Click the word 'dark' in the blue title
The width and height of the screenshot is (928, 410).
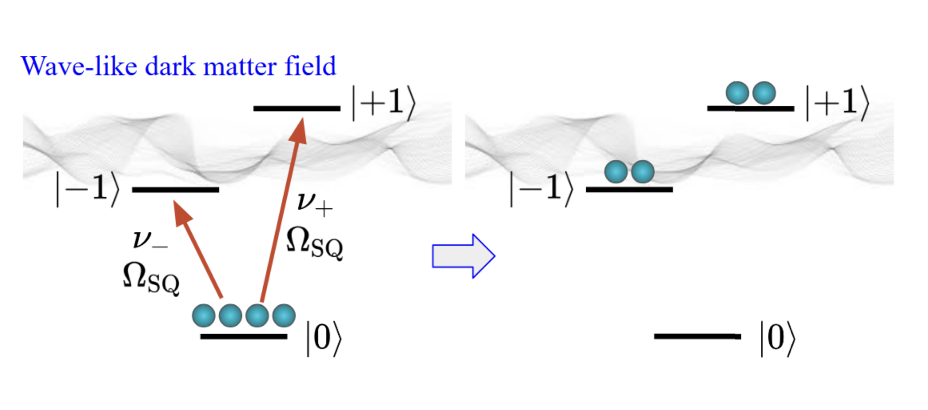tap(170, 66)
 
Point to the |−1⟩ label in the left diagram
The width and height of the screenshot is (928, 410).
tap(87, 189)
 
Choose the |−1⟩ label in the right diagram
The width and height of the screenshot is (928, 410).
tap(541, 189)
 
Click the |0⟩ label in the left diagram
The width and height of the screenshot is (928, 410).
tap(324, 338)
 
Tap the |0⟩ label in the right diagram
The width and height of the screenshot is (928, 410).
tap(778, 338)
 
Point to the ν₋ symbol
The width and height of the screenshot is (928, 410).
tap(150, 240)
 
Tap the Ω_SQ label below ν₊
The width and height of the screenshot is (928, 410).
tap(314, 243)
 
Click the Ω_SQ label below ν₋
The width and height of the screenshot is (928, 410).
tap(151, 279)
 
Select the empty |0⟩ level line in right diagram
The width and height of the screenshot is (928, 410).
tap(697, 336)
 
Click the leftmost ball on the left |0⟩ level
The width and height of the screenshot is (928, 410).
tap(203, 316)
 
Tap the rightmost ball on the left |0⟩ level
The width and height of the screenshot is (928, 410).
tap(284, 316)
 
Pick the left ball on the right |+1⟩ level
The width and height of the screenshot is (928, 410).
tap(737, 93)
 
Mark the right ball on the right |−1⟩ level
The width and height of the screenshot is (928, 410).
tap(643, 172)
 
